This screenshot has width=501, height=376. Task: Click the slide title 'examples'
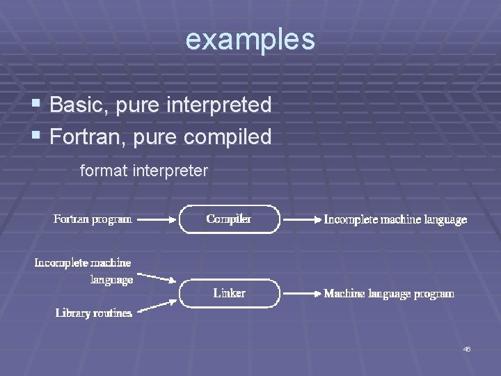point(250,40)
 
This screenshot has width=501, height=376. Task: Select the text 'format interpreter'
point(144,170)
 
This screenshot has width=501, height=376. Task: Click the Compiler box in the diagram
point(229,219)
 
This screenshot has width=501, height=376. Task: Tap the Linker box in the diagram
point(229,293)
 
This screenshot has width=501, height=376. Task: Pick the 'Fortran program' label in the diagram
point(93,219)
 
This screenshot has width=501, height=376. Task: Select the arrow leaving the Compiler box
point(300,219)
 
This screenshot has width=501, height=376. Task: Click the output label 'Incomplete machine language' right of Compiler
point(395,219)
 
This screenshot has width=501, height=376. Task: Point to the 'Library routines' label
point(93,313)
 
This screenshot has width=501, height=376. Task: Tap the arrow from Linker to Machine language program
point(300,294)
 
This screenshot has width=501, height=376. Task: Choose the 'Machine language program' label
point(389,294)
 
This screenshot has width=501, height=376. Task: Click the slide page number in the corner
point(467,349)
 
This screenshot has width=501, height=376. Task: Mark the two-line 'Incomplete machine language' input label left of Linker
point(83,271)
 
